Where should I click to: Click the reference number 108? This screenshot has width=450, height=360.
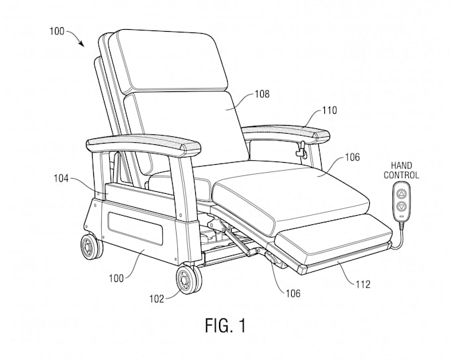[262, 94]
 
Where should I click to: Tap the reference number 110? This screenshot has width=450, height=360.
[330, 111]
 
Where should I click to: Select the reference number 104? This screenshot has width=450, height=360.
[62, 179]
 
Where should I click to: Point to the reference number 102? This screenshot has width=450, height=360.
[157, 299]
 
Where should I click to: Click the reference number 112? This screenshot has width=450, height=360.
[363, 285]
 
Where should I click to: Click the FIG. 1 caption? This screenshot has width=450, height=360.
[226, 326]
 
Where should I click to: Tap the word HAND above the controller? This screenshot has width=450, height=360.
[402, 165]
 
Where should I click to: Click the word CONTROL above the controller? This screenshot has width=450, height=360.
[402, 175]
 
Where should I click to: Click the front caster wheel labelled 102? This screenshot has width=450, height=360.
[189, 280]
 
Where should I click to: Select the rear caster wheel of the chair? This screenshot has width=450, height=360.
[91, 247]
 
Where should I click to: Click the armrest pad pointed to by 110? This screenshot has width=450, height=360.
[286, 132]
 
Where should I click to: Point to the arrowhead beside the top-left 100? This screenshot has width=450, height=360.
[81, 44]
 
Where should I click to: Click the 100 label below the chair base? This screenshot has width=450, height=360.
[116, 279]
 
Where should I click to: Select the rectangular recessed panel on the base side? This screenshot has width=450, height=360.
[135, 228]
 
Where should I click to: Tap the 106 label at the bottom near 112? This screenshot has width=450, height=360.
[292, 293]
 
